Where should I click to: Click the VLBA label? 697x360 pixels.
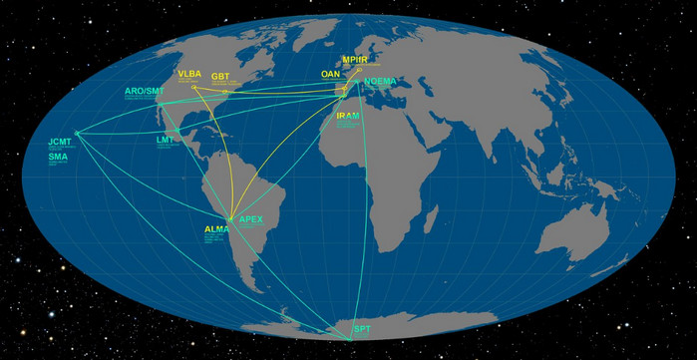click(x=189, y=74)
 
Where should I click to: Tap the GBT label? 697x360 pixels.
click(x=220, y=76)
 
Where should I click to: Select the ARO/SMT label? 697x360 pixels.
click(x=143, y=92)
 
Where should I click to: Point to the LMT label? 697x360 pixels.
click(x=165, y=141)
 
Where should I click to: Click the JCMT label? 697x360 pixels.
click(x=60, y=143)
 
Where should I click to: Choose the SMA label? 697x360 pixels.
click(x=58, y=158)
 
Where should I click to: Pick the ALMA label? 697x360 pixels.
click(x=216, y=229)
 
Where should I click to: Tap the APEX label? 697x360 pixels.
click(x=250, y=218)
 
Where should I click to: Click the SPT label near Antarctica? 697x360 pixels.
click(x=361, y=329)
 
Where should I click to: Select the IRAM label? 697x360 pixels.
click(x=348, y=116)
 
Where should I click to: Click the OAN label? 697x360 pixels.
click(x=330, y=74)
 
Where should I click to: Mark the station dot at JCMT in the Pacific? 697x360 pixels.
click(x=76, y=135)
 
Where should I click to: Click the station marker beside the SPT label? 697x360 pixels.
click(x=349, y=339)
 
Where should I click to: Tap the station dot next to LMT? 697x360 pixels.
click(x=177, y=130)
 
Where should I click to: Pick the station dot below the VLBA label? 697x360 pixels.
click(x=193, y=88)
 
